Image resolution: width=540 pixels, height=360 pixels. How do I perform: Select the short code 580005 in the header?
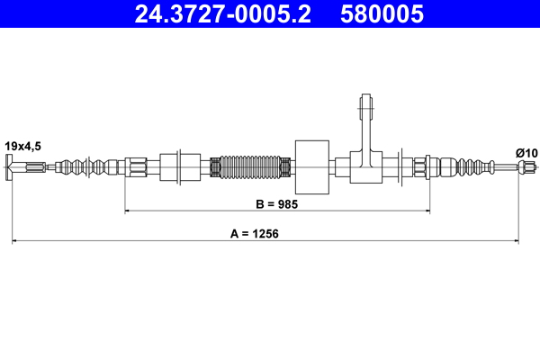pos(381,14)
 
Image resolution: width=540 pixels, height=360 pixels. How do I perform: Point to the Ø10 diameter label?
pos(526,152)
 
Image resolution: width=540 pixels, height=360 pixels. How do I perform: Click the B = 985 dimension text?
pos(275,204)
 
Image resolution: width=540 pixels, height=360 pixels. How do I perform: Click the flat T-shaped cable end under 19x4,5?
pos(12,166)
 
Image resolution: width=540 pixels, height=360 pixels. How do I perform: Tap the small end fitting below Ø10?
pos(521,166)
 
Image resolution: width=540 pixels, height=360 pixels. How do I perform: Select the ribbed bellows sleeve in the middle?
pos(249,166)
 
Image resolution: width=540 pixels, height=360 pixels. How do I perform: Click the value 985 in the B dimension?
pos(287,204)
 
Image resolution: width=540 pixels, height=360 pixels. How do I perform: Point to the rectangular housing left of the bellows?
pos(179,166)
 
